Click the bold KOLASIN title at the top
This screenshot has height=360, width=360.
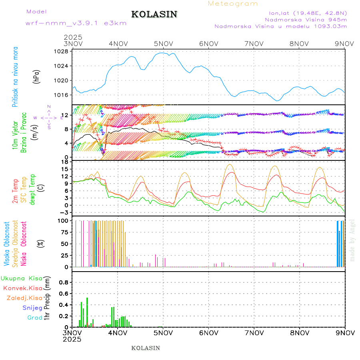click(154, 14)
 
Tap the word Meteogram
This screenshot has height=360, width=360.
click(233, 4)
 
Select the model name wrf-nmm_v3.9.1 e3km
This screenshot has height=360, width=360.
click(76, 23)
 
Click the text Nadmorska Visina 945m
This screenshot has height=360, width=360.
click(306, 19)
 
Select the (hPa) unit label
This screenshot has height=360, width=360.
click(37, 76)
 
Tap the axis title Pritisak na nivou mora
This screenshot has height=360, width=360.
click(16, 76)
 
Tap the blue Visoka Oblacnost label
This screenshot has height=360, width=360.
click(7, 243)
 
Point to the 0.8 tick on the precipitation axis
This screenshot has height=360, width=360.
click(63, 282)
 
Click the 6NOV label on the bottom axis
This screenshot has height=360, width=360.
click(208, 333)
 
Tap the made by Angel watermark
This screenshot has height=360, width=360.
click(352, 240)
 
